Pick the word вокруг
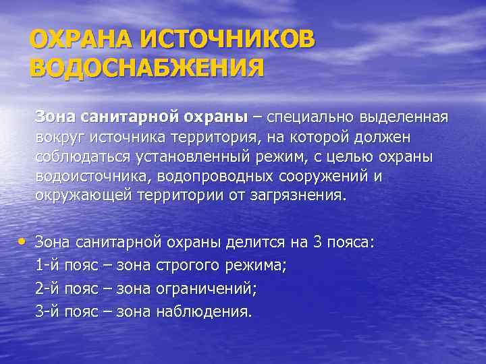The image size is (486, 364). tap(59, 137)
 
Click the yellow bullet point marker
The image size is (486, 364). tap(24, 241)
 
